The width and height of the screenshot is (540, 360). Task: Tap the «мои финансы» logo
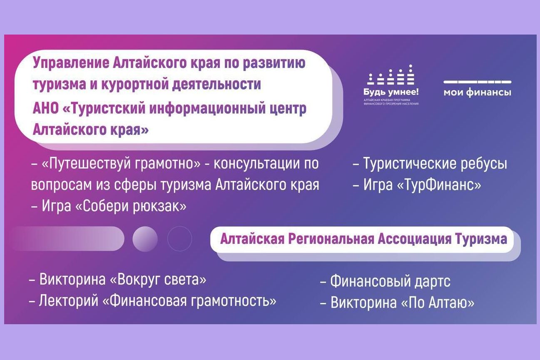click(x=477, y=88)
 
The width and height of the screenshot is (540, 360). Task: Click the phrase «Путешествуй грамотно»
click(x=121, y=164)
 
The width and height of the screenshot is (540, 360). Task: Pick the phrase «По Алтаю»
click(x=437, y=303)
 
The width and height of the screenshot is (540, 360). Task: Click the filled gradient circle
click(x=145, y=239)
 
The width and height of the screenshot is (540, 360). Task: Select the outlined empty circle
click(x=179, y=239)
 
